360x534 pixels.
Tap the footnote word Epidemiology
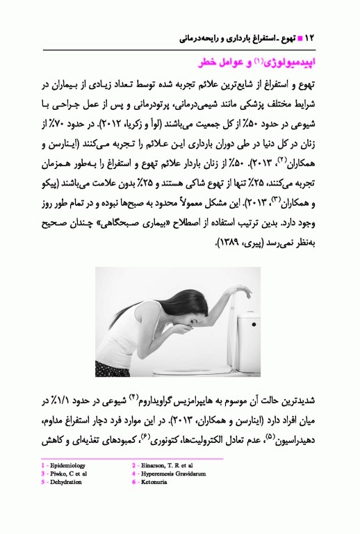(x=67, y=465)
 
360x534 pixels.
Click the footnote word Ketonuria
(x=156, y=481)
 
